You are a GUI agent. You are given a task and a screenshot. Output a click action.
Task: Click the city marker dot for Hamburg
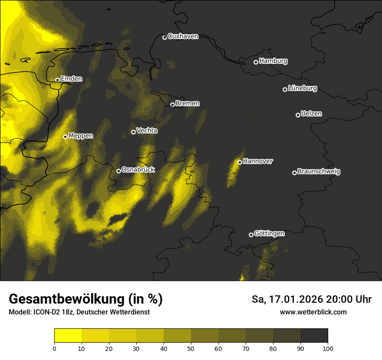pos(256,62)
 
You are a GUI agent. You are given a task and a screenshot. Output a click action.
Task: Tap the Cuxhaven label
pos(183,36)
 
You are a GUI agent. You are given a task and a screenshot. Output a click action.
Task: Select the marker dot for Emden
pos(57,80)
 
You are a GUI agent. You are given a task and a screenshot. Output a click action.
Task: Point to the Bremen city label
pos(188,104)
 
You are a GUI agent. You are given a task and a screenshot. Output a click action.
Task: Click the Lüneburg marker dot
pos(285,89)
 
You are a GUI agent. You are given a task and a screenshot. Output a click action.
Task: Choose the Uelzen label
pos(311,114)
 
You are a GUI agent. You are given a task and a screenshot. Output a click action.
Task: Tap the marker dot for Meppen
pos(65,137)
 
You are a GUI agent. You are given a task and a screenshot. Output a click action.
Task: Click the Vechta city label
pos(147,131)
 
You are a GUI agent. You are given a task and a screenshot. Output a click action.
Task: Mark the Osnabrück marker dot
pos(119,171)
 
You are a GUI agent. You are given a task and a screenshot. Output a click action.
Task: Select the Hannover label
pos(258,161)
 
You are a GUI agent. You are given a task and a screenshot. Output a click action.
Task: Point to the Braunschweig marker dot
pos(294,173)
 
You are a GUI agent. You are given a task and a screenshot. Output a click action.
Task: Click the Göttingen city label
pos(269,234)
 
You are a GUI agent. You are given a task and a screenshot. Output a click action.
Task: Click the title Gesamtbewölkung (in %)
pos(86,299)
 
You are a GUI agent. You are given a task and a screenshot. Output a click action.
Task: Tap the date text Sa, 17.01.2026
pos(286,299)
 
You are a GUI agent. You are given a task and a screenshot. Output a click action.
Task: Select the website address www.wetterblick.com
pos(313,312)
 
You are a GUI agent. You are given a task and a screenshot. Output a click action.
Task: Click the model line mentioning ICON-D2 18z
pos(79,312)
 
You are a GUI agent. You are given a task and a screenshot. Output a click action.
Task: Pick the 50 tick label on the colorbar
pos(191,348)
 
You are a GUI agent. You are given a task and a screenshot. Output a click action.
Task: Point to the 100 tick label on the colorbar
pos(328,348)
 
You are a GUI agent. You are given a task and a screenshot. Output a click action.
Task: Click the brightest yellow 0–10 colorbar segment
pos(68,336)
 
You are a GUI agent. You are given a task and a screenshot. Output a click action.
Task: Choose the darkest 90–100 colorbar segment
pos(314,336)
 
